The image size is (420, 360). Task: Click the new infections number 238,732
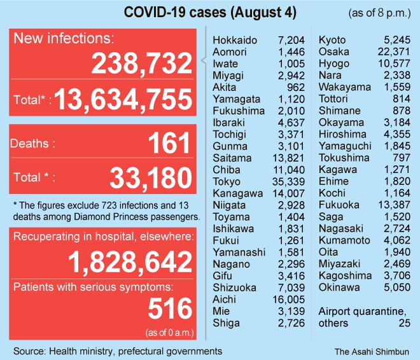coord(141,64)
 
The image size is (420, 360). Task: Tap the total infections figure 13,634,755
coord(123,100)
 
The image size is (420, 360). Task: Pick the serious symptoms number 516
coord(169,309)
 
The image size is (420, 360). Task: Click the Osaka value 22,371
coord(391,52)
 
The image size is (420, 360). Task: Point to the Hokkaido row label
coord(235,40)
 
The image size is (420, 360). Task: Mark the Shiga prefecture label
coord(226,322)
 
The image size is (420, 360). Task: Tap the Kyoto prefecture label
coord(332,40)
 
